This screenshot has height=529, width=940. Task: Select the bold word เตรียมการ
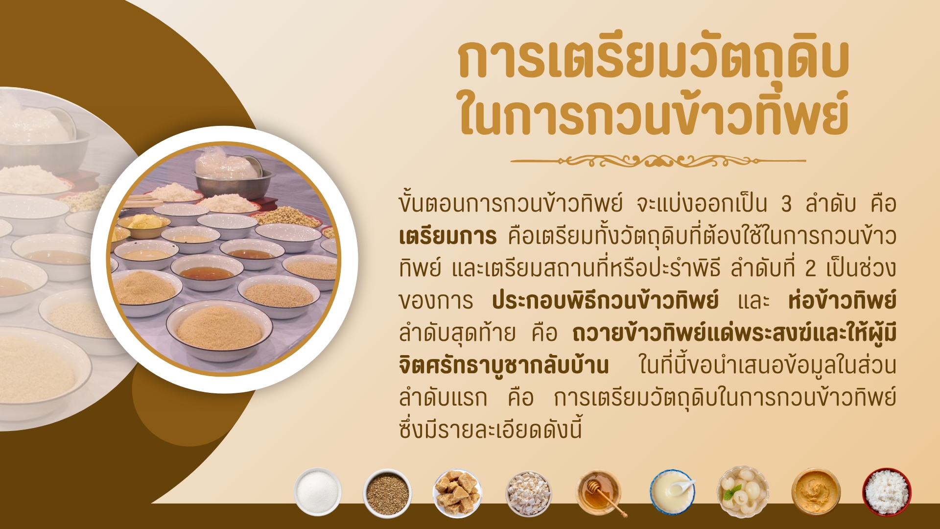(x=447, y=237)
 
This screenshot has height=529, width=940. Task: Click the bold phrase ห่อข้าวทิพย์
(x=842, y=300)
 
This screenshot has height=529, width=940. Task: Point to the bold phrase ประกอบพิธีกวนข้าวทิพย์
(x=605, y=300)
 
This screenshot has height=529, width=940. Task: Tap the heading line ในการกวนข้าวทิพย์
(x=654, y=114)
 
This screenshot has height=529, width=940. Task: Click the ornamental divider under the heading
(x=658, y=160)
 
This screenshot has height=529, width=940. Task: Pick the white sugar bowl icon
(x=318, y=492)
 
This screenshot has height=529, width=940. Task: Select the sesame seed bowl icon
(x=387, y=493)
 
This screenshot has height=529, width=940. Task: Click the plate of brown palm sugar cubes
(x=458, y=493)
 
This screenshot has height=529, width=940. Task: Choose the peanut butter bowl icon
(x=816, y=492)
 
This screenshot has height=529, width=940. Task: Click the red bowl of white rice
(x=887, y=492)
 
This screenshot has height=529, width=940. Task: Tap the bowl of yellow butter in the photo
(x=143, y=225)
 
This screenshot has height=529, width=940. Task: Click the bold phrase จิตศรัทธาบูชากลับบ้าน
(x=504, y=365)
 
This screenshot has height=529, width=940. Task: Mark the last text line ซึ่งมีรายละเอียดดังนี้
(x=491, y=430)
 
